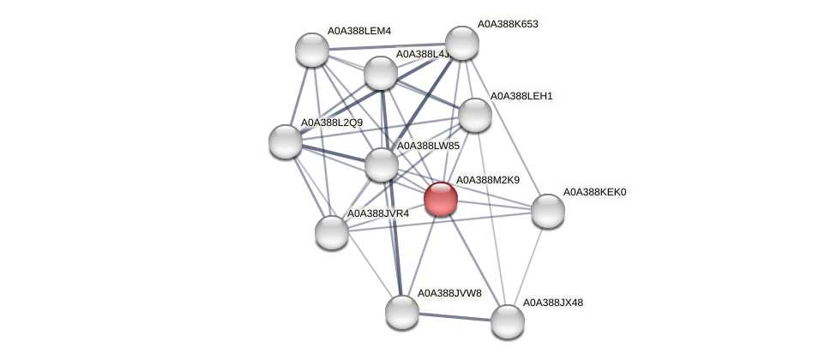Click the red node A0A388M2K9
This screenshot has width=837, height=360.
441,199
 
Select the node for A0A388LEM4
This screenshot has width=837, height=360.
312,50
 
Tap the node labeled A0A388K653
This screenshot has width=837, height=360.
461,44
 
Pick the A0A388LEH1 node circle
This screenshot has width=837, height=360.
474,115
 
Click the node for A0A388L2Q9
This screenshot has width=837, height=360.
286,141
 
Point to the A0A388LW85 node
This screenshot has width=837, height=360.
382,165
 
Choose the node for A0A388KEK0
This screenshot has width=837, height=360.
547,211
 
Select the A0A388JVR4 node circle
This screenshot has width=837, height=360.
332,232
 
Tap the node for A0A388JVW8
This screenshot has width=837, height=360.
401,312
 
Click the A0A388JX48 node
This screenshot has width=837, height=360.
507,321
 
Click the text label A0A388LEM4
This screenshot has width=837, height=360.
358,32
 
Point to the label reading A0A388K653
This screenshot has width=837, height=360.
508,24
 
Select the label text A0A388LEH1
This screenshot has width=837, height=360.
521,96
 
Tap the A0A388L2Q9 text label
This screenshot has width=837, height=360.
331,123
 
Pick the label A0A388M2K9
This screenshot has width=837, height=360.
487,180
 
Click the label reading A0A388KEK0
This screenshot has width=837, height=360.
594,192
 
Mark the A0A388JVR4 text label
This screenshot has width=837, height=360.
378,213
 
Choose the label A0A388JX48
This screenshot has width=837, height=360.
553,303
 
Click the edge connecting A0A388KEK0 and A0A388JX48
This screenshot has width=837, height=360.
527,266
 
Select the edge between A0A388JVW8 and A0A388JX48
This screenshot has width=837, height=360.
455,316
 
